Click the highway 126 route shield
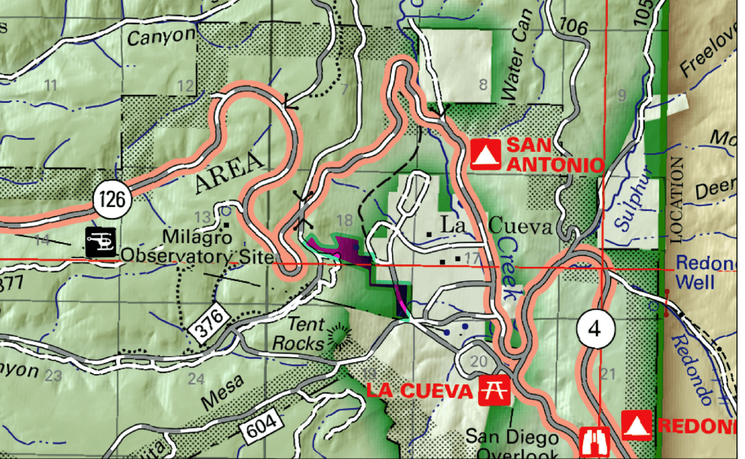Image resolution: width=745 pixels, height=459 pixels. click(112, 199)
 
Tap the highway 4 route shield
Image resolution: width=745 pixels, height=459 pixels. click(595, 329)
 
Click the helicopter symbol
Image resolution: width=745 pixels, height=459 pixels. click(100, 242)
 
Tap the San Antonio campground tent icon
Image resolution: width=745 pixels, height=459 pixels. click(485, 154)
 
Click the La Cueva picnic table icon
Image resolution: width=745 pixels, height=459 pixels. click(494, 390)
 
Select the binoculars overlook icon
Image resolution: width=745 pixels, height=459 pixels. click(594, 442)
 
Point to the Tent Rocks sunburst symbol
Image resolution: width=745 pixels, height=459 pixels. click(339, 334)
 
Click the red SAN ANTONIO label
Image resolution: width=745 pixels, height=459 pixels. click(554, 155)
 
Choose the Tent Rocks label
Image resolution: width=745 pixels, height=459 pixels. click(300, 334)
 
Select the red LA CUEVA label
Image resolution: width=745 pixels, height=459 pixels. click(419, 391)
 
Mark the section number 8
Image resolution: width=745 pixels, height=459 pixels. click(483, 84)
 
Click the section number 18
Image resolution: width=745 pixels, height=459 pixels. click(345, 220)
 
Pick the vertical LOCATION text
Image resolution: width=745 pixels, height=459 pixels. click(676, 200)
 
